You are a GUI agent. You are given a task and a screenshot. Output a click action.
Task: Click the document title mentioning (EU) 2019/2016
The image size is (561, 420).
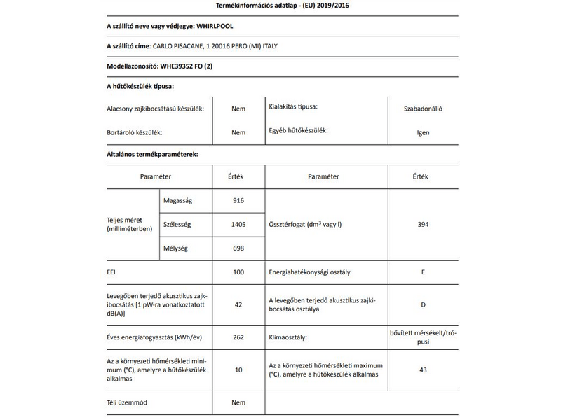click(280, 6)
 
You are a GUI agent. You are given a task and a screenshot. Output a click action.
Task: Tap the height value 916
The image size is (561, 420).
click(238, 201)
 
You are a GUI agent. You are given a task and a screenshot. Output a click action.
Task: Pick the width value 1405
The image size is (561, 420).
click(238, 225)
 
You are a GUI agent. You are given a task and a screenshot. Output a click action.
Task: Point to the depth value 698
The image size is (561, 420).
click(238, 248)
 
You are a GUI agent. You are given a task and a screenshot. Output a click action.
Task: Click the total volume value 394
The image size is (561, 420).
click(423, 225)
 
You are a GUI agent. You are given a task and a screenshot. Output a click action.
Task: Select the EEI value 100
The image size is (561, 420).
click(238, 272)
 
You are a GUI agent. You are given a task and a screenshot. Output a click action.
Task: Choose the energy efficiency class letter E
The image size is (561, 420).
click(423, 272)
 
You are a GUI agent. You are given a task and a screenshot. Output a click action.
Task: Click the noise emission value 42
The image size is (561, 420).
click(238, 304)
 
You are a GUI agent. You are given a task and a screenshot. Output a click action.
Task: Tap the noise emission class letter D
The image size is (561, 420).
click(423, 304)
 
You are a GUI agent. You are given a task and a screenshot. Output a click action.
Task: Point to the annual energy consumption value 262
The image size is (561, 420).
click(238, 337)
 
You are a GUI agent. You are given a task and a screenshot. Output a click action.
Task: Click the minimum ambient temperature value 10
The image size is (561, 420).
click(238, 370)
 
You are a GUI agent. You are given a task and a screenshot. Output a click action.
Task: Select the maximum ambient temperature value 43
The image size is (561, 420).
click(423, 370)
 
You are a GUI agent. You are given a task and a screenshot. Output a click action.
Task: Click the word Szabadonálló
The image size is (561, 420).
click(423, 108)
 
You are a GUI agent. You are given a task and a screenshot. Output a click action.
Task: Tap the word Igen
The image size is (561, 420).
click(423, 132)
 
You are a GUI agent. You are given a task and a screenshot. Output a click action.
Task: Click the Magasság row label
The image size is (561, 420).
click(177, 201)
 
